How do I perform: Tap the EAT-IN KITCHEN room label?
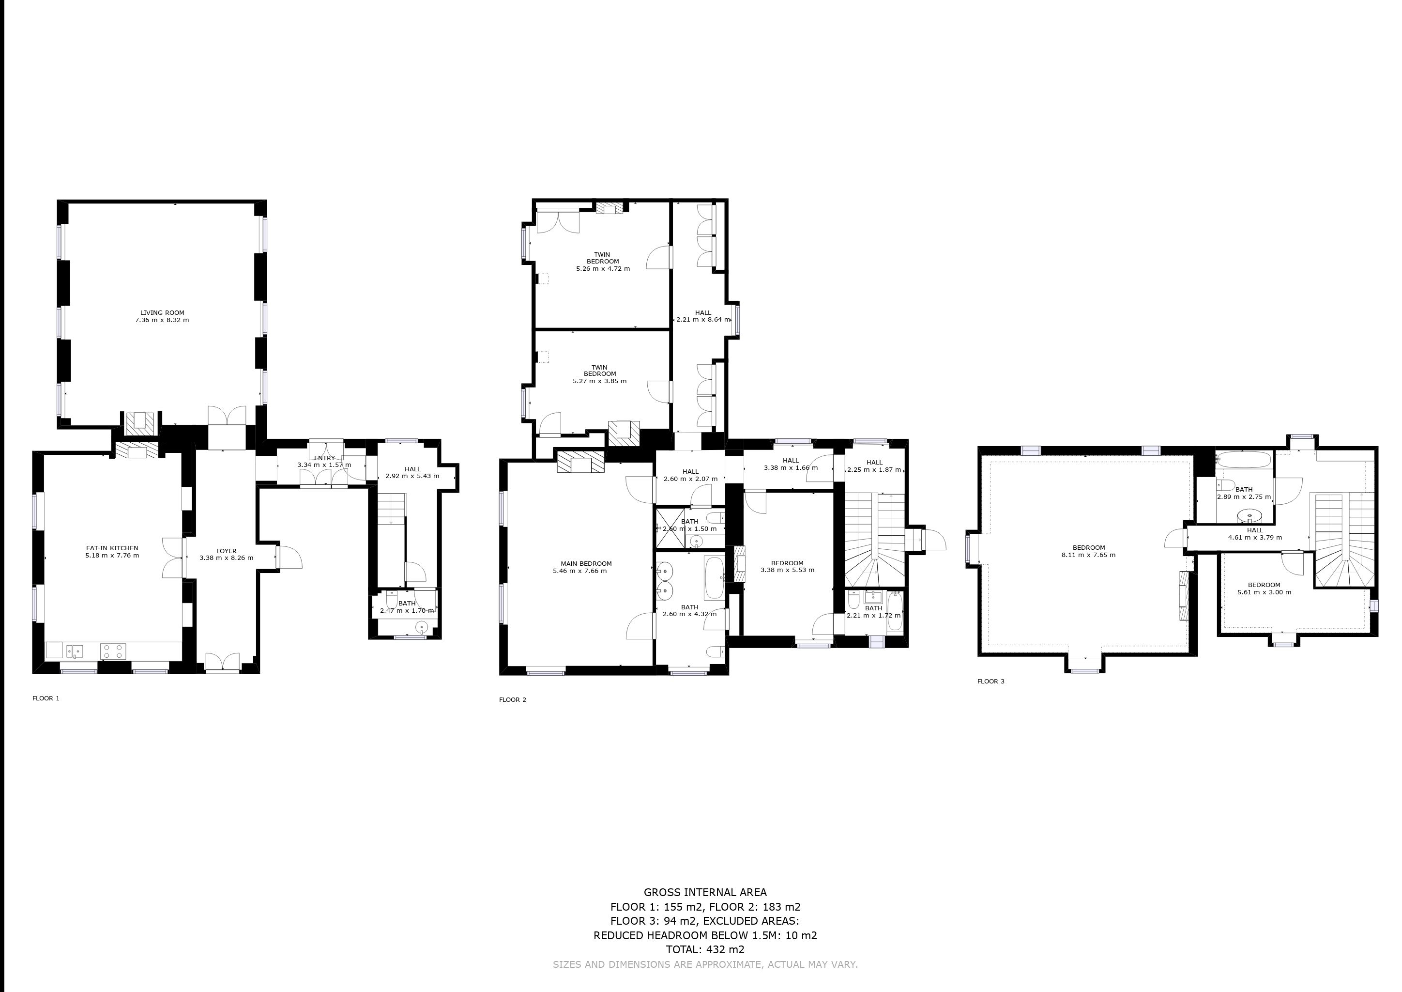pyautogui.click(x=112, y=548)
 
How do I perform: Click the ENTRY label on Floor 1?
pyautogui.click(x=324, y=458)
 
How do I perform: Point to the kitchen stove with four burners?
pyautogui.click(x=113, y=651)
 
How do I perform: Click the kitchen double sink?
pyautogui.click(x=75, y=651)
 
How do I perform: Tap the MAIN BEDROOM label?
pyautogui.click(x=586, y=564)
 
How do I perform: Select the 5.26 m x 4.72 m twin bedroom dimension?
pyautogui.click(x=603, y=269)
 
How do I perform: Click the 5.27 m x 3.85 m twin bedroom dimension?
pyautogui.click(x=600, y=381)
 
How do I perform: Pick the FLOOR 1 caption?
pyautogui.click(x=46, y=698)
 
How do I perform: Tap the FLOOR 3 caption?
pyautogui.click(x=991, y=681)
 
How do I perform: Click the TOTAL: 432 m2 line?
pyautogui.click(x=705, y=950)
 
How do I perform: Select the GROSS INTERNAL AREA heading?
pyautogui.click(x=705, y=892)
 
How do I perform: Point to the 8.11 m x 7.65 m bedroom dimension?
pyautogui.click(x=1088, y=555)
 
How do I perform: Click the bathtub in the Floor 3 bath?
pyautogui.click(x=1243, y=459)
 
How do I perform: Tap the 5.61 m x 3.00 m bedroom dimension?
pyautogui.click(x=1264, y=592)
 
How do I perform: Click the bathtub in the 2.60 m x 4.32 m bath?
pyautogui.click(x=714, y=578)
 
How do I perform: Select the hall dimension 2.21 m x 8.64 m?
pyautogui.click(x=703, y=320)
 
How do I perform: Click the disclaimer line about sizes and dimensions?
pyautogui.click(x=705, y=964)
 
